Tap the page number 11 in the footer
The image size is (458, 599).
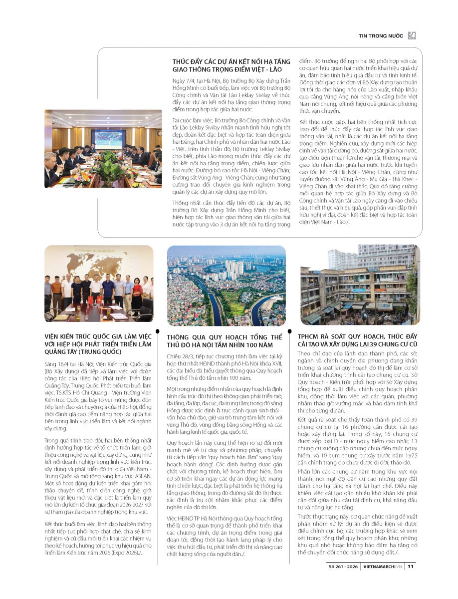(x=410, y=566)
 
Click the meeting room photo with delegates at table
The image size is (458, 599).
(x=103, y=148)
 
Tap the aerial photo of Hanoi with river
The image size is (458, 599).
(x=227, y=286)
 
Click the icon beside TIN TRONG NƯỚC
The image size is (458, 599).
(x=412, y=35)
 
